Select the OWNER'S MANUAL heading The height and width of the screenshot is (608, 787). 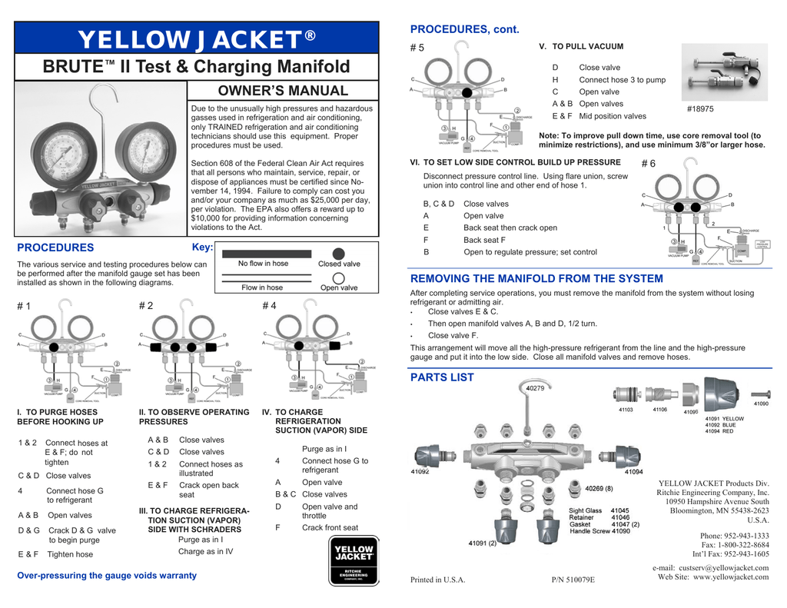click(x=284, y=91)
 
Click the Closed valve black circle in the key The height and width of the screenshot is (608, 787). click(x=338, y=254)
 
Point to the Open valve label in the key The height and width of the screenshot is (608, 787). click(x=338, y=288)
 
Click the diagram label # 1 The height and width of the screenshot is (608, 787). click(x=24, y=306)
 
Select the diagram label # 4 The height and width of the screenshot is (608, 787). click(x=269, y=306)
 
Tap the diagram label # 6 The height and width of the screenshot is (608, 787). click(x=648, y=164)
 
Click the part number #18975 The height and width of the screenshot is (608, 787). click(x=700, y=109)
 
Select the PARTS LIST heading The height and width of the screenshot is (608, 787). click(x=442, y=377)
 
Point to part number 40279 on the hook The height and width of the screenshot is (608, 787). click(x=535, y=389)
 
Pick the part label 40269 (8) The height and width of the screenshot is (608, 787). click(x=599, y=488)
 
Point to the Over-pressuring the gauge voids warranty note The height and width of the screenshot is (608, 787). click(x=107, y=575)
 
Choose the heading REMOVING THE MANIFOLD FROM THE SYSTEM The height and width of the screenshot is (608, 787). click(x=536, y=278)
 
